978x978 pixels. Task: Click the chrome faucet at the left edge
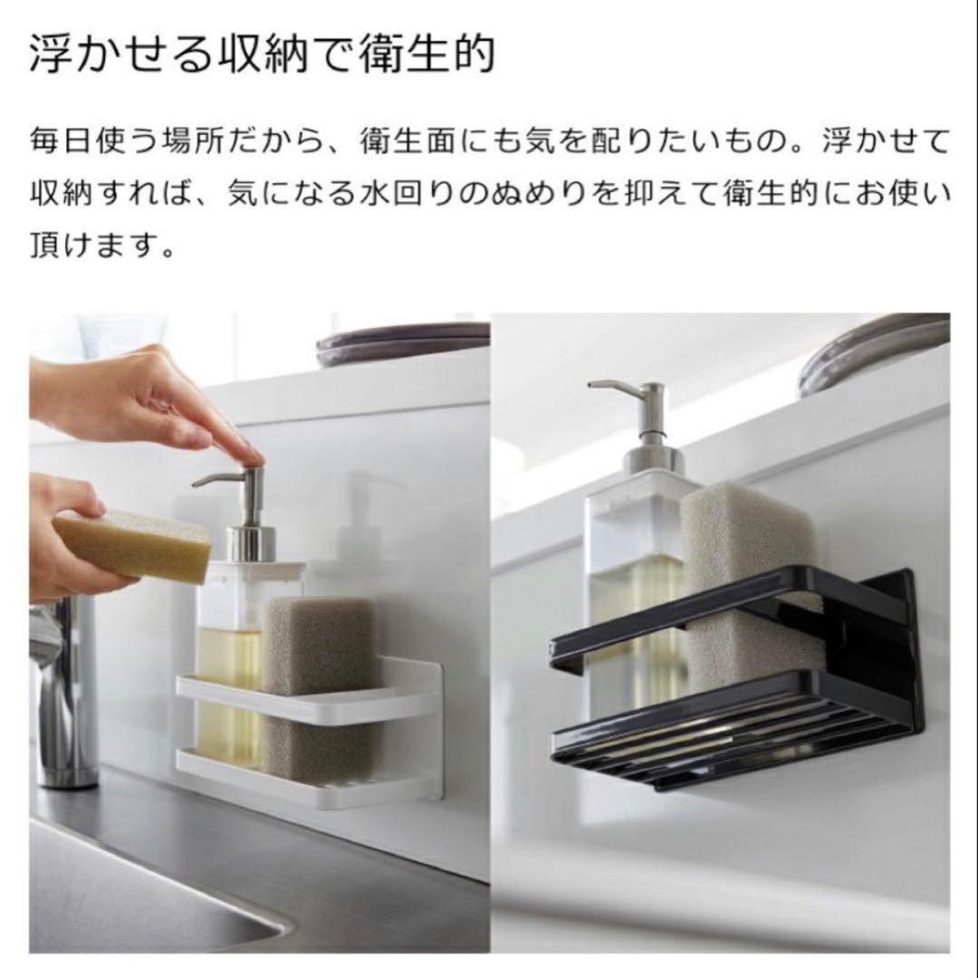click(x=62, y=686)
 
